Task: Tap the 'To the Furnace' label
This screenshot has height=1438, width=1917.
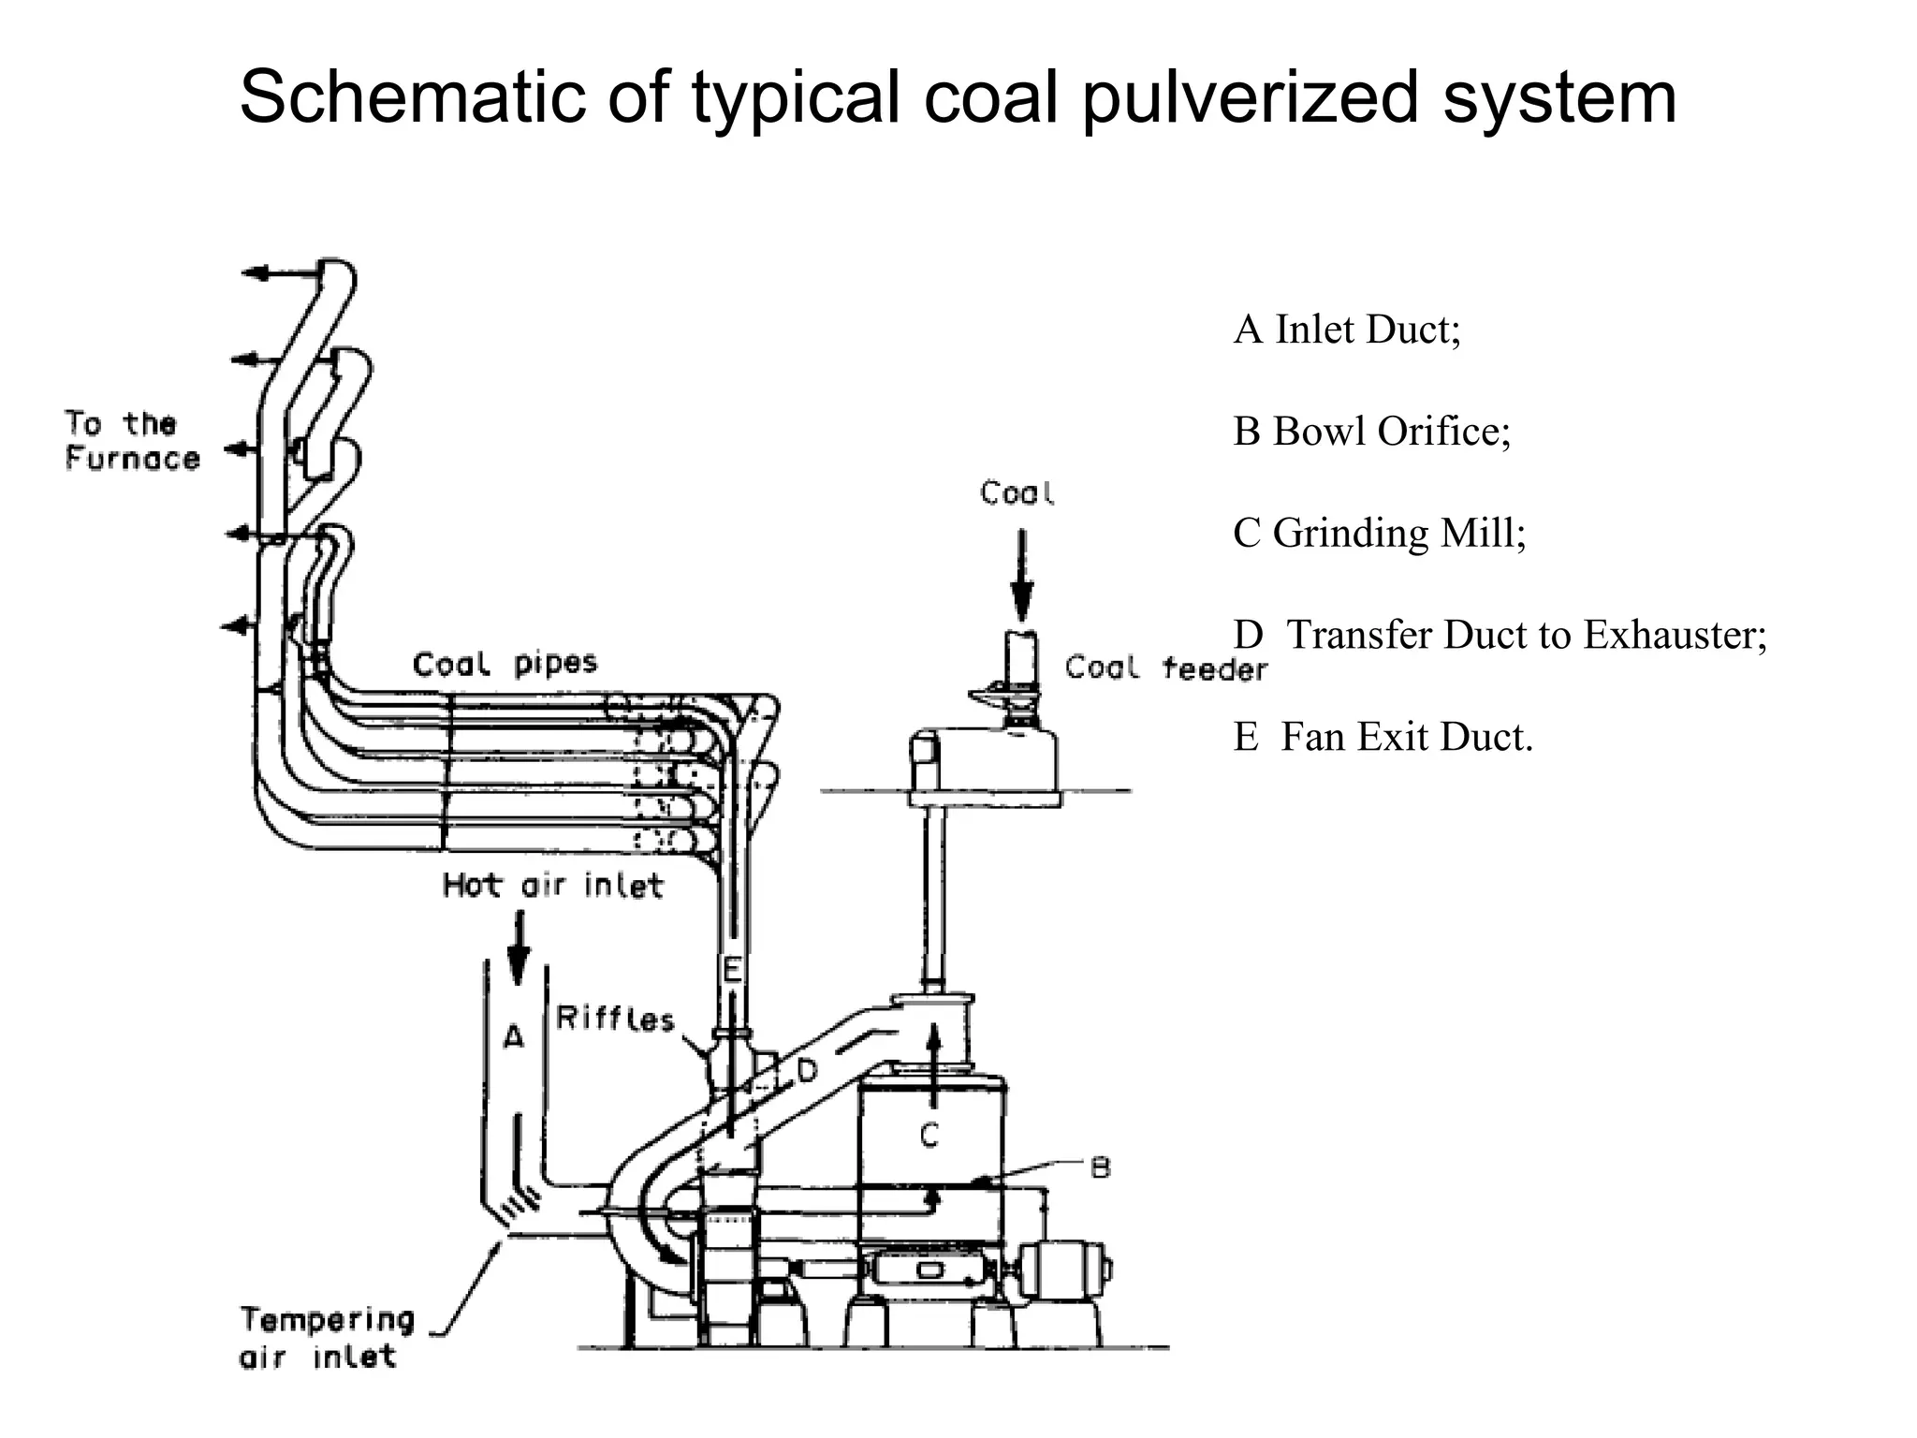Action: pos(132,441)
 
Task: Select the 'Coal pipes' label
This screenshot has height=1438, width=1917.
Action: pos(505,664)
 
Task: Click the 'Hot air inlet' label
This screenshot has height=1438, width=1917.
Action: pos(552,885)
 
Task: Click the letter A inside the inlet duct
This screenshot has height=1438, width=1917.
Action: pos(514,1036)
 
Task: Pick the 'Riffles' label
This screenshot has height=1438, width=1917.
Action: pos(615,1018)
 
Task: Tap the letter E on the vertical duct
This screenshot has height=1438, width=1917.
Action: pos(732,969)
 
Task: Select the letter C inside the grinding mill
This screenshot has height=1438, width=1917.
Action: pos(929,1135)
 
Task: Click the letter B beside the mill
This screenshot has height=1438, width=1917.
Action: pos(1101,1167)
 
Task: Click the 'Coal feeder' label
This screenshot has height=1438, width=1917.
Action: pos(1166,668)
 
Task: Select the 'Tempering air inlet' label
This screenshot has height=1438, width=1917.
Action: pos(327,1337)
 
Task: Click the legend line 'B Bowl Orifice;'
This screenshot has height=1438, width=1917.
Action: pos(1371,432)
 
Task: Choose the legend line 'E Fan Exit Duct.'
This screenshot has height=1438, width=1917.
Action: pos(1383,737)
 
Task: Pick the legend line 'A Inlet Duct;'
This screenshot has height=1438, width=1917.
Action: pos(1346,330)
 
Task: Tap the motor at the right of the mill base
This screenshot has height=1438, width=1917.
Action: pos(1066,1271)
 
